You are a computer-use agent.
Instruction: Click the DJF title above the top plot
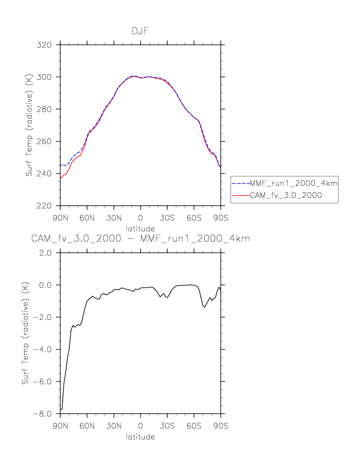(140, 31)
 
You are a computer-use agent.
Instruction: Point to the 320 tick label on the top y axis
(45, 45)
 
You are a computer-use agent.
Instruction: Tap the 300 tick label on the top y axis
(45, 77)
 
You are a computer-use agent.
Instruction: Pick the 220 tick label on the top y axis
(45, 206)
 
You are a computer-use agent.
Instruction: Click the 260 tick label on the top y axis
(45, 142)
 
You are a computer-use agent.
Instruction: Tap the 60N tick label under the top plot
(87, 218)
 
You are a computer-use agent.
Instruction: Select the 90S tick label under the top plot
(221, 218)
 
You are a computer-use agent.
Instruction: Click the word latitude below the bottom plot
(140, 437)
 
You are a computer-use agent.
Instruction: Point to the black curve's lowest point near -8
(61, 409)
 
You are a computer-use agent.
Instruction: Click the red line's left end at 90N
(61, 178)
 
